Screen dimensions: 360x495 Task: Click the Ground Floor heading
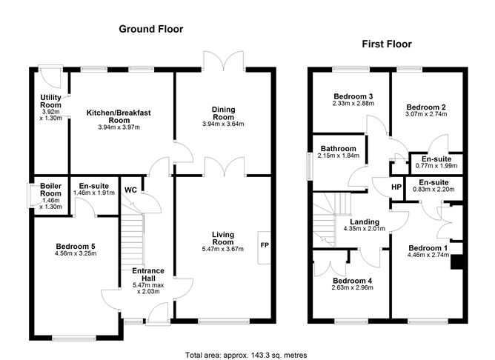151,29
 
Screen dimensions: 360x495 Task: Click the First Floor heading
386,44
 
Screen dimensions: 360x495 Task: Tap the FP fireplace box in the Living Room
263,242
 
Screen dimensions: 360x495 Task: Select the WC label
131,190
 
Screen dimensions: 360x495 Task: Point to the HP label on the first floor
396,187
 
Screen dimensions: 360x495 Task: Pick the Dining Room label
223,113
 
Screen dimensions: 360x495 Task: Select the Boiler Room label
50,187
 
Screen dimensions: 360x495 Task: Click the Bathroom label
338,148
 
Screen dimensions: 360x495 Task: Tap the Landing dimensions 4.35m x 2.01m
365,231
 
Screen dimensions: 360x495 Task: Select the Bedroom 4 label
352,281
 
